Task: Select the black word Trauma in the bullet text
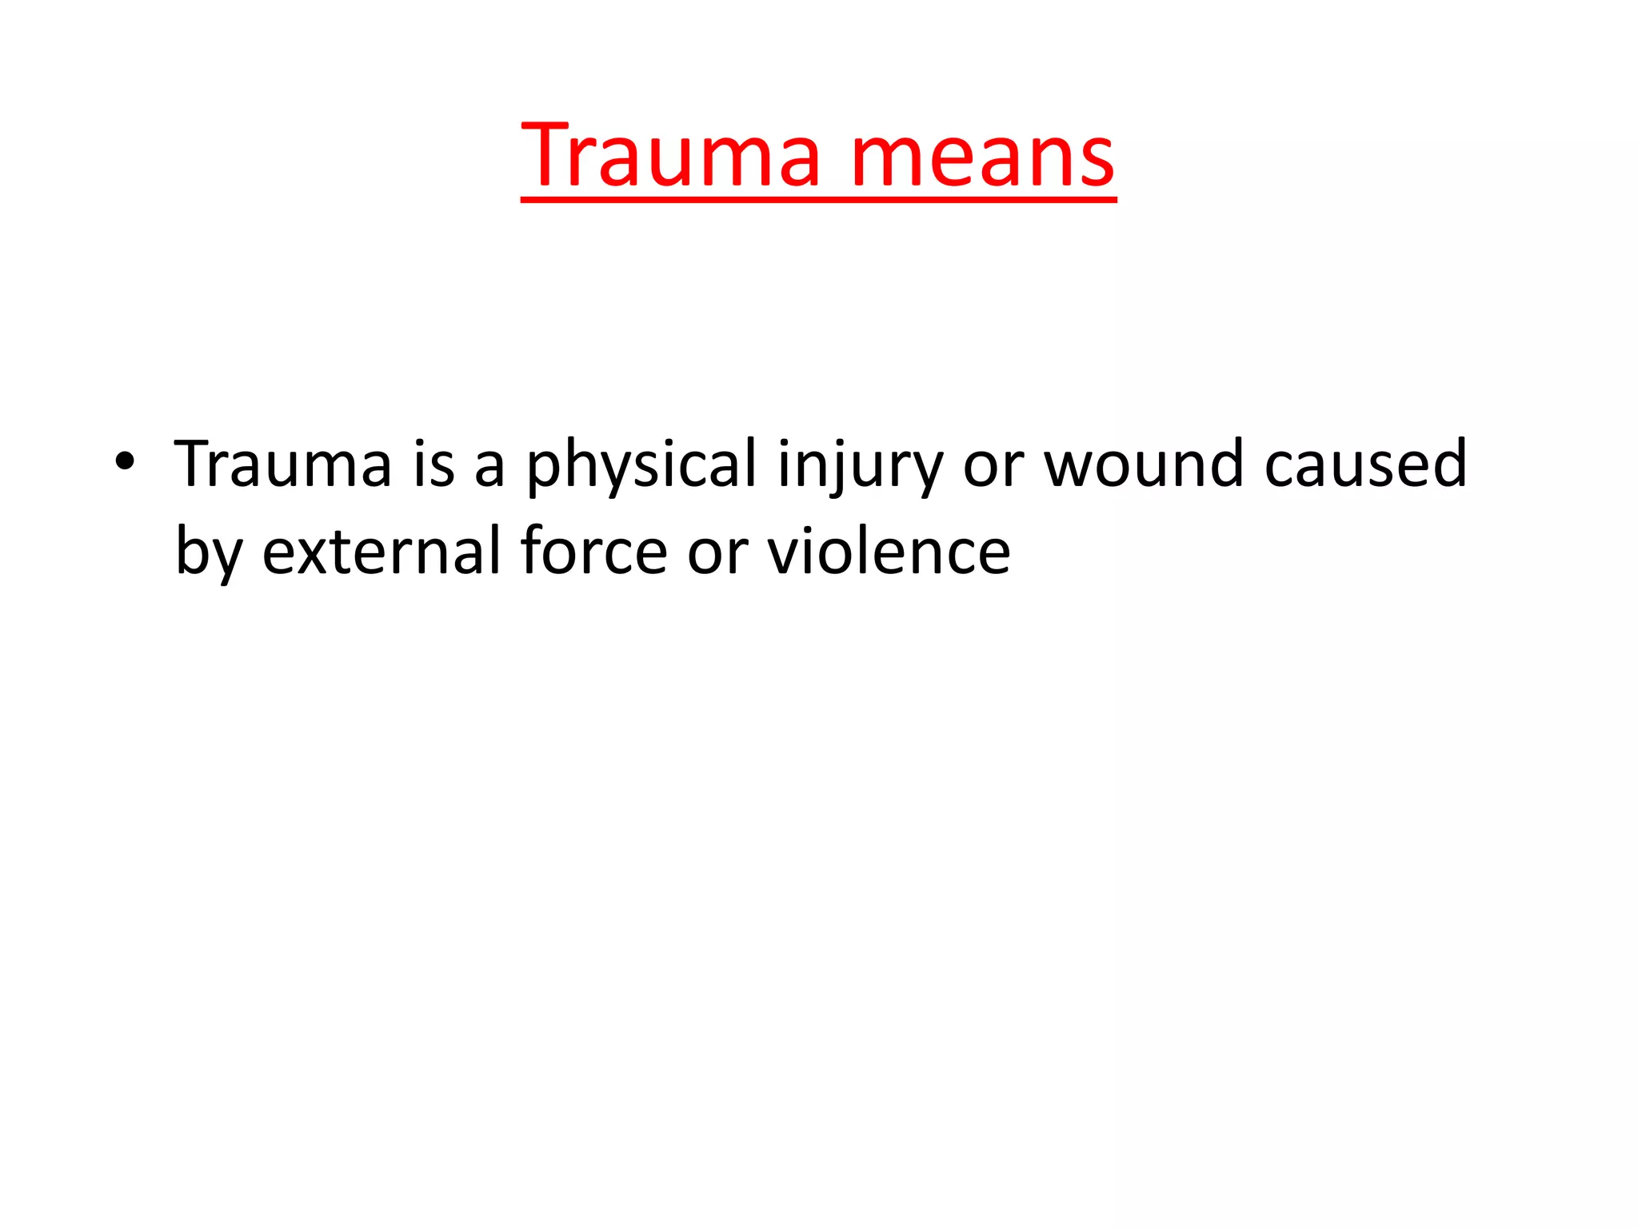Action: (283, 464)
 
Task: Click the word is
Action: (434, 464)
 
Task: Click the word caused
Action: (1365, 464)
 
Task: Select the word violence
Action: (889, 551)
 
